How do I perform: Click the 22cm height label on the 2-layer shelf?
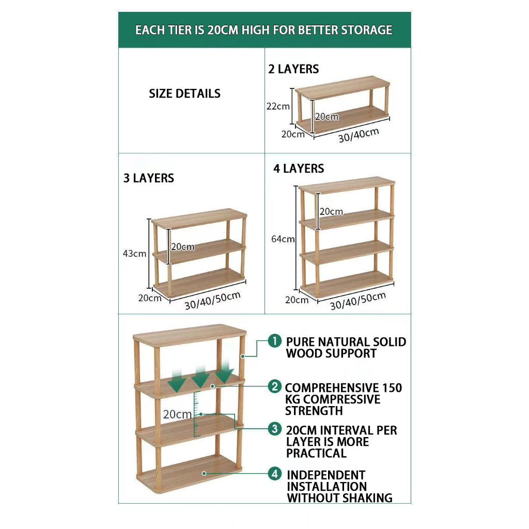pos(278,106)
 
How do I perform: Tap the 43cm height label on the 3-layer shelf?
pos(135,253)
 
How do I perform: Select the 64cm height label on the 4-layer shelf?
pos(283,239)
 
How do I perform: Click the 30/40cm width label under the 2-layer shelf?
pos(359,135)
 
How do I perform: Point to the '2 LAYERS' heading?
pos(293,69)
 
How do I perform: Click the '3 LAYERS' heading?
pos(149,178)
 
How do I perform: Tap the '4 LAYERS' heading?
pos(299,168)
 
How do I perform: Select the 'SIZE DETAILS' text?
pos(185,94)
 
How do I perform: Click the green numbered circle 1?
pos(275,341)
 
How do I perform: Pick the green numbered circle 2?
pos(275,386)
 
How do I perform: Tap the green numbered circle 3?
pos(275,429)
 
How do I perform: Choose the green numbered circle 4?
pos(275,474)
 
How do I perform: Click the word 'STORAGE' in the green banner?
pos(366,30)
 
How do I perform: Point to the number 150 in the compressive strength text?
pos(392,388)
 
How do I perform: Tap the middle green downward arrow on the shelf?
pos(201,377)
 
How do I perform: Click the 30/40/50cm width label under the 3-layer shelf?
pos(212,300)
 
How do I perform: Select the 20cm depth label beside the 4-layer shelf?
pos(297,300)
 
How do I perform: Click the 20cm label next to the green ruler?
pos(178,414)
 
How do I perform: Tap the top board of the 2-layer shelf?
pos(343,87)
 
